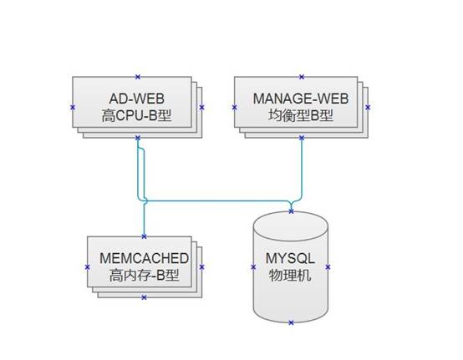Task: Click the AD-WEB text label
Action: tap(137, 99)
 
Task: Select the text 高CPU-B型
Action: tap(137, 115)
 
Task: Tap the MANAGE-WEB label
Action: tap(301, 99)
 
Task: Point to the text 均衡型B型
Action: tap(301, 115)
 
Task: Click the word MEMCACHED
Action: tap(144, 258)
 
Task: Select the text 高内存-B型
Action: tap(144, 276)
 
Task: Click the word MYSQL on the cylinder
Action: tap(290, 258)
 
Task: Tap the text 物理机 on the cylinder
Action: tap(290, 276)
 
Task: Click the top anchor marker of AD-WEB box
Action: tap(138, 77)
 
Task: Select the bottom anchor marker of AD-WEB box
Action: tap(138, 138)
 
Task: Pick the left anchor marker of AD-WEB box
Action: tap(73, 108)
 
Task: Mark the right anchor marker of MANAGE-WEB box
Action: tap(368, 108)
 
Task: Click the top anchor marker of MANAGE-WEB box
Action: tap(302, 77)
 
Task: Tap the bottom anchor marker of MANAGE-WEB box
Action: tap(302, 138)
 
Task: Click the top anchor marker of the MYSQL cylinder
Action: tap(291, 211)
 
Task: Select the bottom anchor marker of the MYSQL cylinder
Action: tap(291, 322)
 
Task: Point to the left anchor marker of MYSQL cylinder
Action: tap(253, 267)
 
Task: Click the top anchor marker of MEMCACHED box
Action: tap(144, 236)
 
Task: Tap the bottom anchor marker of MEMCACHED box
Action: tap(144, 297)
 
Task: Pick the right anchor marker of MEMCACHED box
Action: tap(201, 267)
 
